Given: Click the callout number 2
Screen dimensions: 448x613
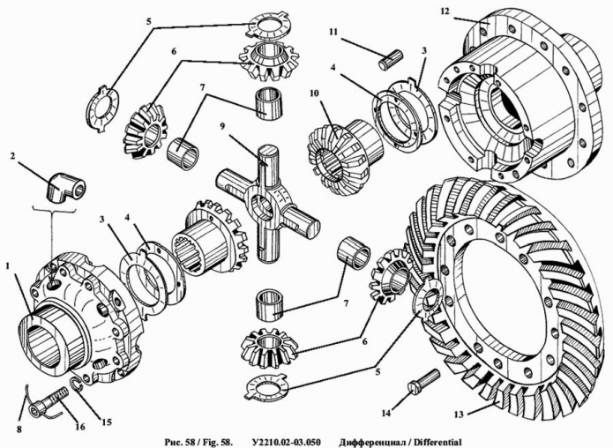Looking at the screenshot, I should click(x=13, y=157).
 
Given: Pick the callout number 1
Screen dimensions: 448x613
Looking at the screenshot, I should click(x=8, y=265).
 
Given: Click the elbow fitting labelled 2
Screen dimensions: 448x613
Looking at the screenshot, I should click(x=65, y=189).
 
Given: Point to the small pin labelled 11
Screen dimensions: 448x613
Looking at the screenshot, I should click(x=392, y=61).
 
